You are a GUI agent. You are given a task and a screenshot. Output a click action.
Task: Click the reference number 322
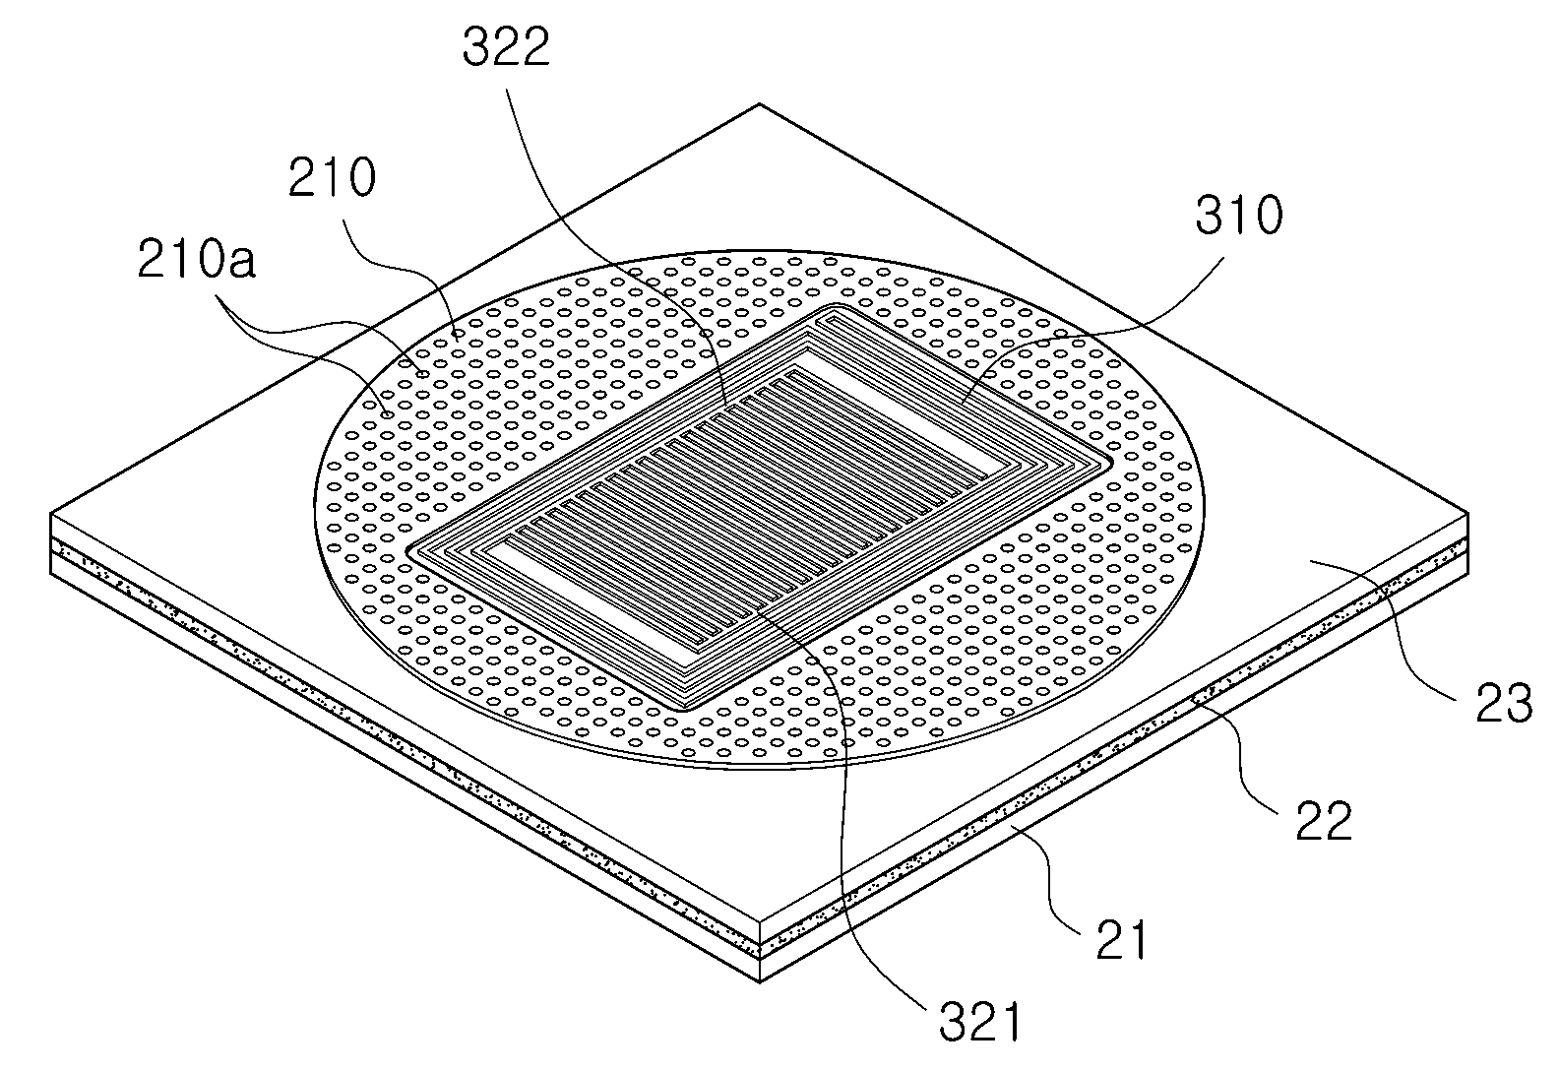click(506, 47)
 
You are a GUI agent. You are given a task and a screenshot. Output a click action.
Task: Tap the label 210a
click(197, 259)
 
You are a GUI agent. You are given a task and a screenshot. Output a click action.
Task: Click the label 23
click(1504, 703)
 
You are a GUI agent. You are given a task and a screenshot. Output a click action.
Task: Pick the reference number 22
click(1324, 821)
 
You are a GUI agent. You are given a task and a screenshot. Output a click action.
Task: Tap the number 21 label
click(1120, 940)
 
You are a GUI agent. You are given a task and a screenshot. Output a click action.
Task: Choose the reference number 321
click(980, 1022)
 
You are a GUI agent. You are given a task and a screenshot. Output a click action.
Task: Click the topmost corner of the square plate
click(759, 104)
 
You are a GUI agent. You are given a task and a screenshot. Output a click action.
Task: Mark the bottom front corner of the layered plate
click(759, 982)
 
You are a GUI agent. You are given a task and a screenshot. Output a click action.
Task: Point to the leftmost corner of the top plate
click(51, 514)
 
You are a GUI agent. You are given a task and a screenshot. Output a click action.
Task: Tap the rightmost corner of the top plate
click(1467, 514)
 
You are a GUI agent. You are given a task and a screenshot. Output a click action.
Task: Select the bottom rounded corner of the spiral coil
click(686, 709)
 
